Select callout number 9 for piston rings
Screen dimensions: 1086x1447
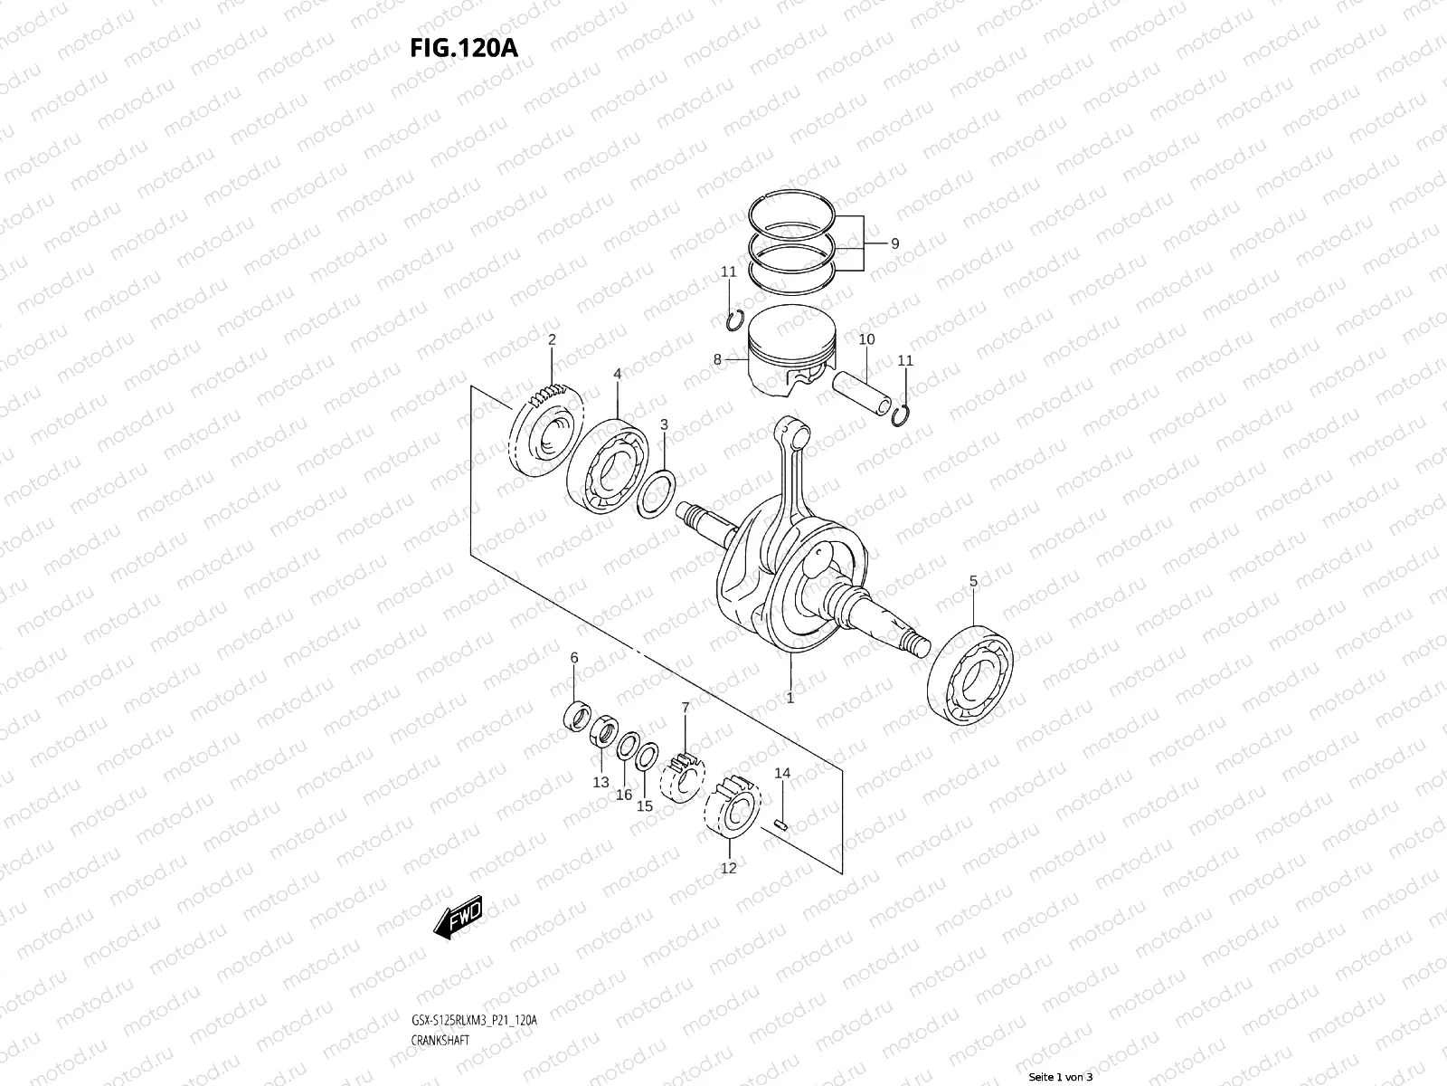coord(894,243)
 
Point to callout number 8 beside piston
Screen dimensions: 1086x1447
coord(717,359)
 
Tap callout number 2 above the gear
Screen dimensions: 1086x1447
coord(552,340)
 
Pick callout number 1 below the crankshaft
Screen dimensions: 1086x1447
coord(790,699)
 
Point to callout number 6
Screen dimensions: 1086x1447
coord(573,682)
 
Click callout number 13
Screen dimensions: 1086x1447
coord(601,783)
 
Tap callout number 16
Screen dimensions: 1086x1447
coord(624,795)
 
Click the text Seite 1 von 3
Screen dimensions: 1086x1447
coord(1062,1077)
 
